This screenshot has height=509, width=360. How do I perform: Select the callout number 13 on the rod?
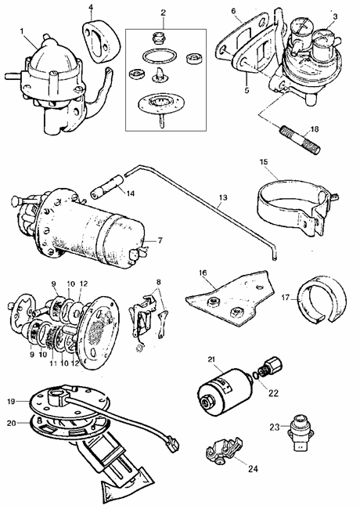pos(223,197)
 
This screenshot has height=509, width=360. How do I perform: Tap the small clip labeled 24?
pos(224,449)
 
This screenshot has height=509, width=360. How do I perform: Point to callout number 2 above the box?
pos(163,13)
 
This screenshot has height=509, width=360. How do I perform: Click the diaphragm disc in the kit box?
pos(161,103)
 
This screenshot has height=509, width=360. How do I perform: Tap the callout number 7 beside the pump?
pos(160,240)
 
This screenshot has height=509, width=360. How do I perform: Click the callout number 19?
pos(11,402)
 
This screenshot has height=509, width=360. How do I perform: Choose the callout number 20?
pos(12,424)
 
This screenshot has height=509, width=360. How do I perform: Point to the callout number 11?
pos(53,363)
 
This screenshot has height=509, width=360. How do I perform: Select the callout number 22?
pos(273,393)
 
